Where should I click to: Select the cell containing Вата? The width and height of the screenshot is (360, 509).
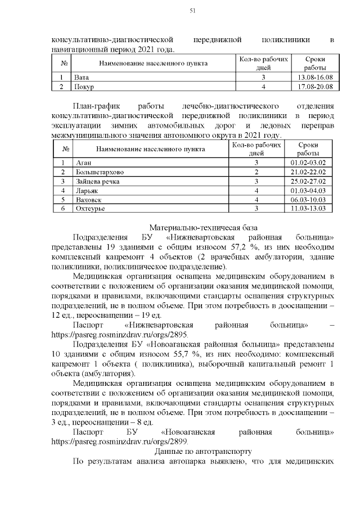[x=82, y=77]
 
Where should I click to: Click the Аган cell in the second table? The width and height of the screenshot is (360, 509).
[x=83, y=163]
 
